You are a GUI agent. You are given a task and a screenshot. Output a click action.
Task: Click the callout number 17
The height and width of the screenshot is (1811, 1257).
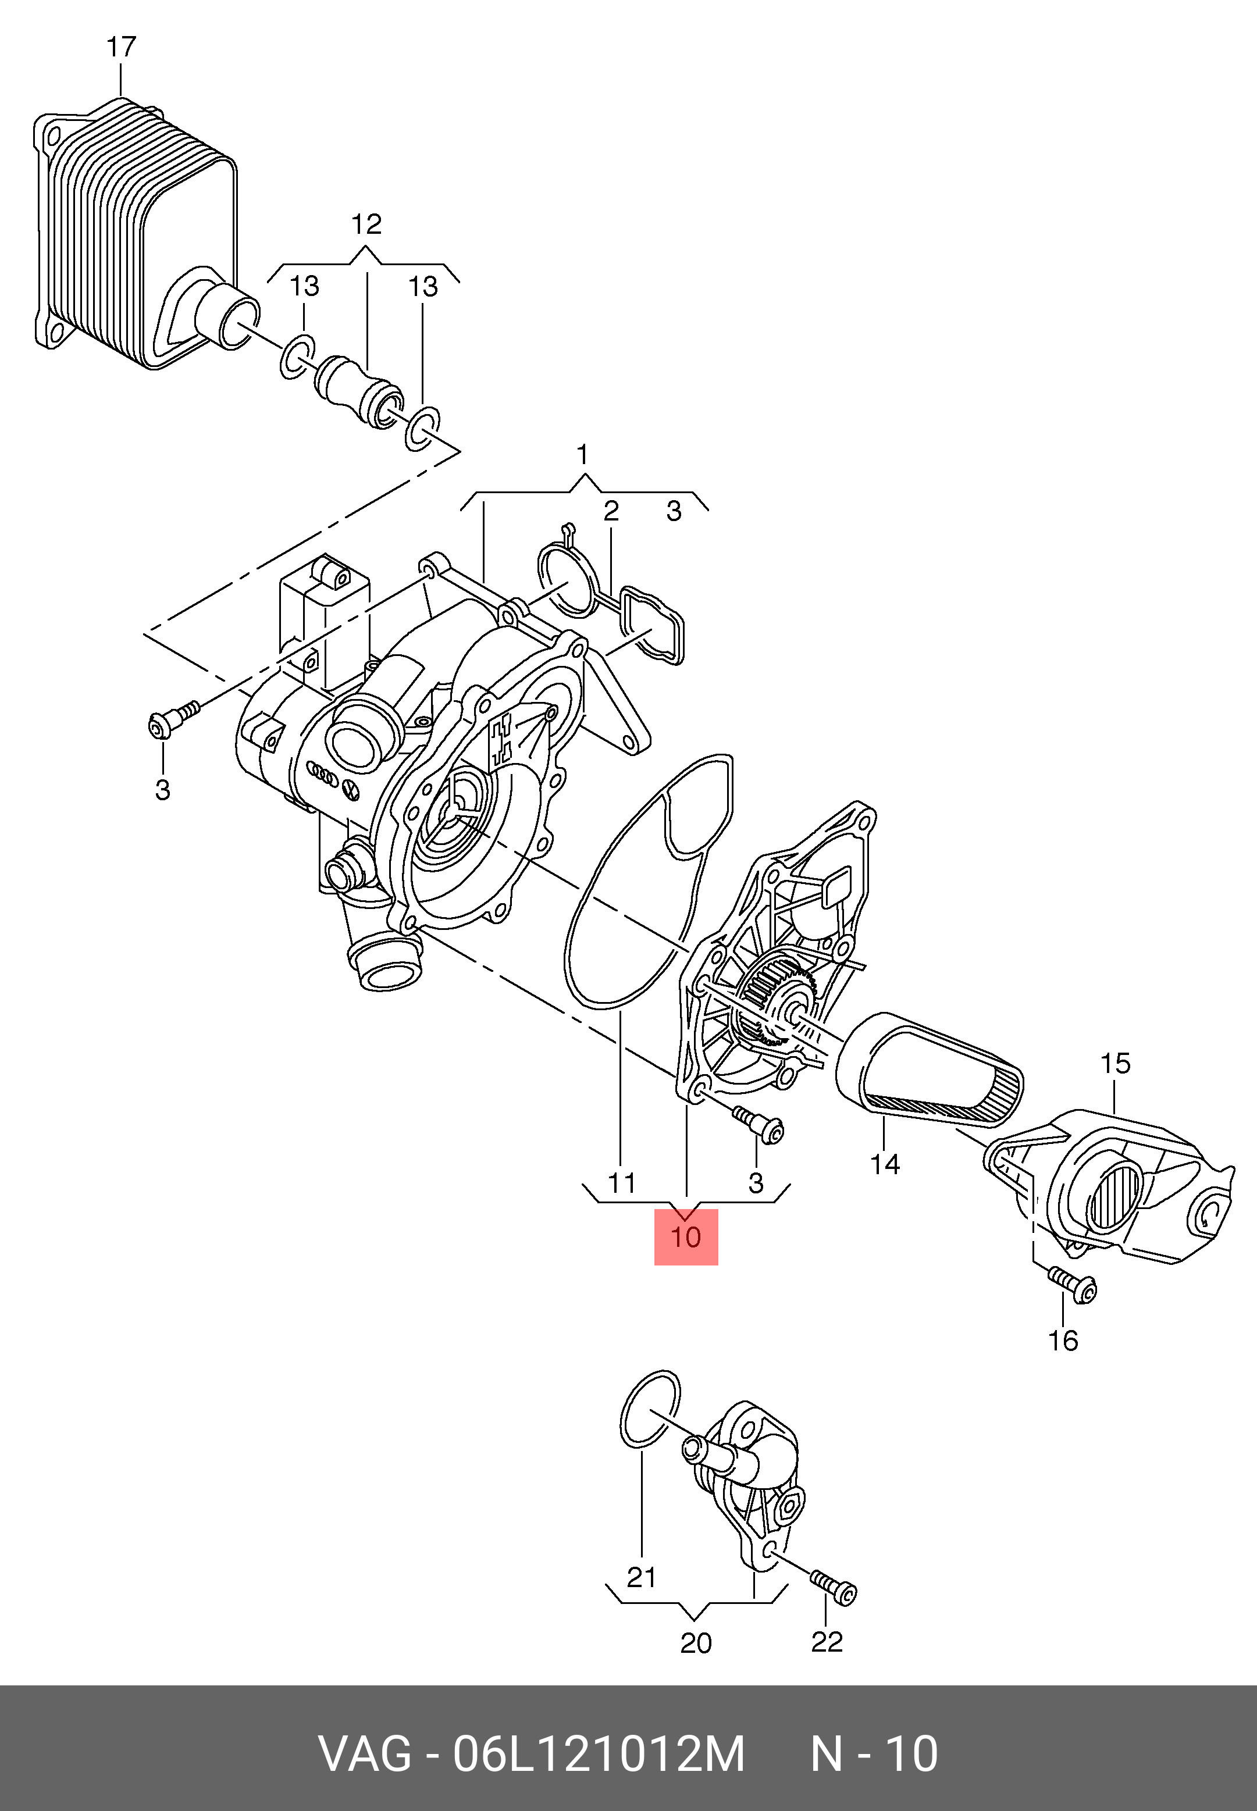pyautogui.click(x=122, y=47)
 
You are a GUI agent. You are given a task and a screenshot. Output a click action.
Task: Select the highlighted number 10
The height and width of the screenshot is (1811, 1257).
pyautogui.click(x=686, y=1236)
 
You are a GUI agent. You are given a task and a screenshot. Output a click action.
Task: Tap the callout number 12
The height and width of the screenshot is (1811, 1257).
pyautogui.click(x=366, y=224)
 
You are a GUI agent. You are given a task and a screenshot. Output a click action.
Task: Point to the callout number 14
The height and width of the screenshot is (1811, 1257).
pyautogui.click(x=885, y=1164)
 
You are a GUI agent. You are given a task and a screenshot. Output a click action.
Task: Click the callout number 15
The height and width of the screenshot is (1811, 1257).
pyautogui.click(x=1114, y=1063)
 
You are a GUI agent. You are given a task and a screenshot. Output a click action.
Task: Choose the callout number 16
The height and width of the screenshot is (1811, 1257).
pyautogui.click(x=1063, y=1340)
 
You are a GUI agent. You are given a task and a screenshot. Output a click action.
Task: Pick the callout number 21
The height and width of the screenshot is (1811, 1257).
pyautogui.click(x=641, y=1577)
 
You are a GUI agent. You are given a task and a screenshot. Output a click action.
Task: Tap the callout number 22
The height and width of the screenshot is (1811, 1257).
pyautogui.click(x=826, y=1642)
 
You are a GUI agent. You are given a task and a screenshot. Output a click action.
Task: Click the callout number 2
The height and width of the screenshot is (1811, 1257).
pyautogui.click(x=611, y=511)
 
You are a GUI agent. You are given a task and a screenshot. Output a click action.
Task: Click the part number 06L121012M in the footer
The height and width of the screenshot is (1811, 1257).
pyautogui.click(x=599, y=1753)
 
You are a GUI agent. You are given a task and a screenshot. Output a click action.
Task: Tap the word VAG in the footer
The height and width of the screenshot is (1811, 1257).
pyautogui.click(x=365, y=1753)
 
